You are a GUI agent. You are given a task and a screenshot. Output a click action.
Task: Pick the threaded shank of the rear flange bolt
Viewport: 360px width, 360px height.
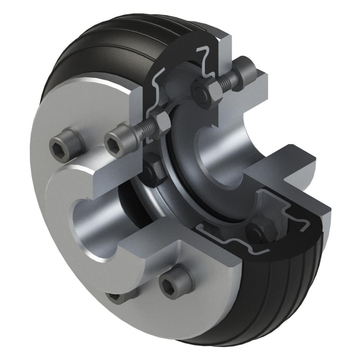(x=227, y=82)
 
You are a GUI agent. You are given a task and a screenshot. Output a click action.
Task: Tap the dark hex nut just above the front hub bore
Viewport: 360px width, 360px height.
(x=154, y=169)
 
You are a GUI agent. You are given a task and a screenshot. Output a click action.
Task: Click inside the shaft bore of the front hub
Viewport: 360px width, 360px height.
(x=90, y=230)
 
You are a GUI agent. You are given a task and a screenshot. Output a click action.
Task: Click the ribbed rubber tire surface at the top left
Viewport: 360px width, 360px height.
(x=90, y=47)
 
